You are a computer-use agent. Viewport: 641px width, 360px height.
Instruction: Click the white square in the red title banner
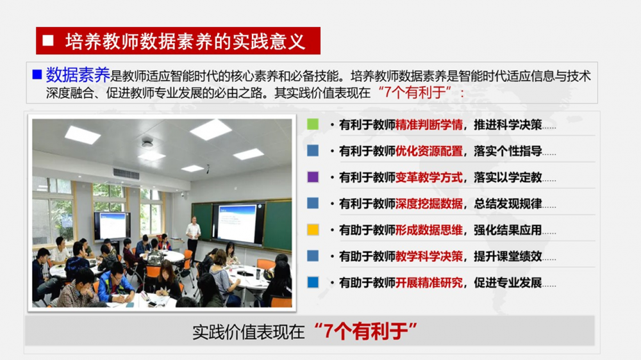48,40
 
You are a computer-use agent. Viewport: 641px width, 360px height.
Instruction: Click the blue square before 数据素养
37,74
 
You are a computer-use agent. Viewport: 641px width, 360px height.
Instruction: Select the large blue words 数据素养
78,75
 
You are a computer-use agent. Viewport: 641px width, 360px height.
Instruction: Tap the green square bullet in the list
313,124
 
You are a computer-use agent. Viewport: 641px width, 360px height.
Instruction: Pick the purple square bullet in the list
313,177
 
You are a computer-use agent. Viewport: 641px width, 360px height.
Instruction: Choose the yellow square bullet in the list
313,230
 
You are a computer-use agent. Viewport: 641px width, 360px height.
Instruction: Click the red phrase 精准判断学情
429,125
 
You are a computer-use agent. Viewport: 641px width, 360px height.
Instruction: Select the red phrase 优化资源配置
429,151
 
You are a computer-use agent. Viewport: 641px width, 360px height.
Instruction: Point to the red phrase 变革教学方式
429,177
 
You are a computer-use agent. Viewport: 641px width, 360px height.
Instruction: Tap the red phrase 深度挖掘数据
429,204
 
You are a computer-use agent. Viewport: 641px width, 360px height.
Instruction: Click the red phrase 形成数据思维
429,230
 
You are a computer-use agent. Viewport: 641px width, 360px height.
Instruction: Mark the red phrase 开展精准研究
429,282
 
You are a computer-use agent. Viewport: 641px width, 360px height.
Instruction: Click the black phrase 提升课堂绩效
508,256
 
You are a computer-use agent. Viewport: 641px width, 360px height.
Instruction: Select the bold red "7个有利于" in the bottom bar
366,331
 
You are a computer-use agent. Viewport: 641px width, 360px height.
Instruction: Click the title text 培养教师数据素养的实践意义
185,41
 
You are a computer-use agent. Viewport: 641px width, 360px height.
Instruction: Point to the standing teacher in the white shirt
192,238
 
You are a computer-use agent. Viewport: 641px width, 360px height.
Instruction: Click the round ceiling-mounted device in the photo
147,142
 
